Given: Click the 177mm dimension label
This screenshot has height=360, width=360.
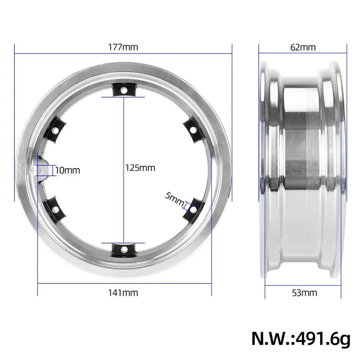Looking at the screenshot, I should pyautogui.click(x=123, y=47).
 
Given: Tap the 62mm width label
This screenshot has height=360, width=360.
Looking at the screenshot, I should pyautogui.click(x=303, y=47).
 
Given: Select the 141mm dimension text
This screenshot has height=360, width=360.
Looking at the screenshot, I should pyautogui.click(x=123, y=292).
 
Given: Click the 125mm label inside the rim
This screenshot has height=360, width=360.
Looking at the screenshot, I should pyautogui.click(x=140, y=168).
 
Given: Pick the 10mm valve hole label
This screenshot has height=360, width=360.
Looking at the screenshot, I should pyautogui.click(x=68, y=170).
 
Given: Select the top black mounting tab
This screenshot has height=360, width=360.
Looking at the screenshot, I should pyautogui.click(x=123, y=90).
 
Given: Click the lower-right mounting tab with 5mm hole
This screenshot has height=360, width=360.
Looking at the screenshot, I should pyautogui.click(x=192, y=208).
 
